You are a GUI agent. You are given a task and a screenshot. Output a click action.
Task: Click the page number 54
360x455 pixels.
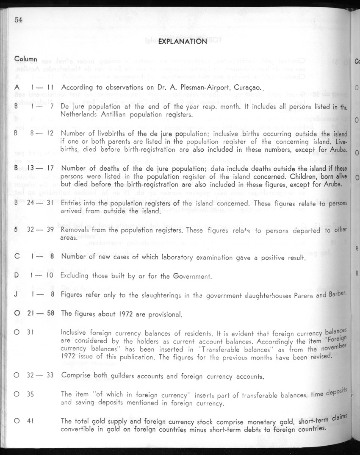pyautogui.click(x=18, y=19)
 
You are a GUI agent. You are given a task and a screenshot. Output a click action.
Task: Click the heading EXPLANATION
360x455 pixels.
pyautogui.click(x=183, y=42)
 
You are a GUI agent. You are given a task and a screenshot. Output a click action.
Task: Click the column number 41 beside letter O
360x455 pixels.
pyautogui.click(x=30, y=421)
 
